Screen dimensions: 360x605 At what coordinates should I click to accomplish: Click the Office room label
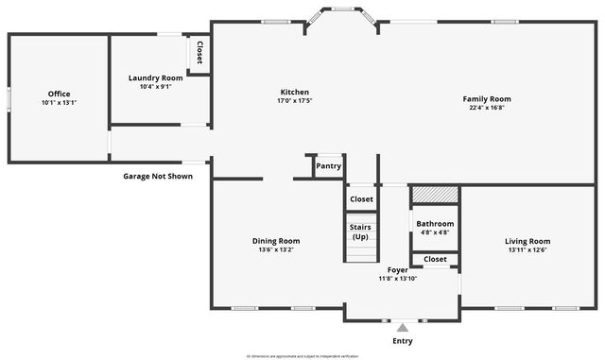coord(60,94)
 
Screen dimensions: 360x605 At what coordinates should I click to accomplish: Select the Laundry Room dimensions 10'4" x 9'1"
coord(155,86)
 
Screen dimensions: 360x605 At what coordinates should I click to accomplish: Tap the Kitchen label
coord(295,92)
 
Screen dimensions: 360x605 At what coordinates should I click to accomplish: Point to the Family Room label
coord(487,98)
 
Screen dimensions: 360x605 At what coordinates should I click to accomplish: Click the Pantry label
coord(328,166)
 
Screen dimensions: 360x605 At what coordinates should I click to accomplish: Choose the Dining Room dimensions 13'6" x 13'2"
coord(276,249)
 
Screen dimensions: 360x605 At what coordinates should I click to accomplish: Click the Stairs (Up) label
coord(360,231)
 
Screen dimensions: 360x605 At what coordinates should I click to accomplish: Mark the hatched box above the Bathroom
coord(435,194)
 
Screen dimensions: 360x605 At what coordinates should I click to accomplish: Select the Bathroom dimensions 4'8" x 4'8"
coord(435,232)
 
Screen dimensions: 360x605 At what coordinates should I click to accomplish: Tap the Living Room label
coord(527,241)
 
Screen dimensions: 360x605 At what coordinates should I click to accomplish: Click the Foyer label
coord(397,269)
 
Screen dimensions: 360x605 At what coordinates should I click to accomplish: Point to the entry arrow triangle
coord(402,327)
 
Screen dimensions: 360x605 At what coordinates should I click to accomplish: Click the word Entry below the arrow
coord(402,341)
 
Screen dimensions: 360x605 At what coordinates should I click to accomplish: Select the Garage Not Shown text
coord(158,176)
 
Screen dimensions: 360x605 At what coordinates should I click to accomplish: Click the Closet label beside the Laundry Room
coord(199,53)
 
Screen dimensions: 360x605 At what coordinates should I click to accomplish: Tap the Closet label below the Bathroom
coord(435,259)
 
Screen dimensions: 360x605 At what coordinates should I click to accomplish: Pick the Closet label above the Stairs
coord(361,199)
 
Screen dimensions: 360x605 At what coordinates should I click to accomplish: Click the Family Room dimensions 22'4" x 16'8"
coord(487,108)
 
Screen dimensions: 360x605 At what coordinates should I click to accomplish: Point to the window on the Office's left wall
coord(9,98)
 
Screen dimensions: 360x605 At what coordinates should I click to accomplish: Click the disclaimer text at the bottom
coord(302,356)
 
